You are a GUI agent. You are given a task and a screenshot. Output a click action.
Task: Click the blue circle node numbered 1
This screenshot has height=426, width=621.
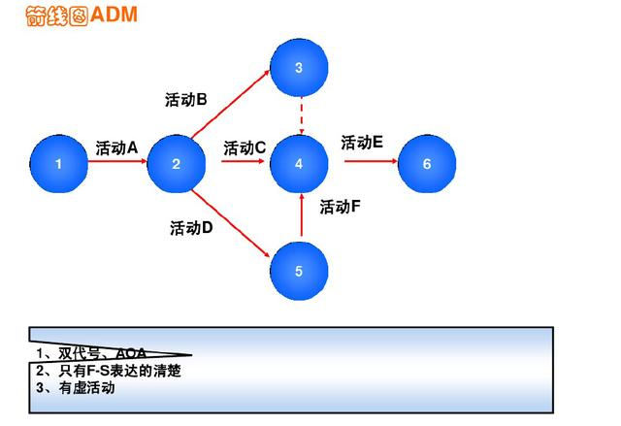[x=58, y=164]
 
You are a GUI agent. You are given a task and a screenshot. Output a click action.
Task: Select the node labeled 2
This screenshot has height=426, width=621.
[x=176, y=164]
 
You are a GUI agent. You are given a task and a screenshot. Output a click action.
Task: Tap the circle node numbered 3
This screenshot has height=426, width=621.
[x=299, y=68]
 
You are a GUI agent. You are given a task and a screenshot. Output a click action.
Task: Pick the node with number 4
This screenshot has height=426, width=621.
[x=299, y=164]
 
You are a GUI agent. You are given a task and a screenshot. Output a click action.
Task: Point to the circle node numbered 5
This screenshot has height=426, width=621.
[x=299, y=271]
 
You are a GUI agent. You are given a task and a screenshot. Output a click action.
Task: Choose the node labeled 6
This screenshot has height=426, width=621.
[x=427, y=164]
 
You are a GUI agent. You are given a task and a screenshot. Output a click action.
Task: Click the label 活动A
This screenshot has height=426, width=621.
[x=116, y=147]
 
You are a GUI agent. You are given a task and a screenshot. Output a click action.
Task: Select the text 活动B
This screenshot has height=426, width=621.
[x=186, y=99]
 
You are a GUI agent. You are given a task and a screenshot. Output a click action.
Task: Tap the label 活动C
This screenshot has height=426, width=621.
[x=245, y=147]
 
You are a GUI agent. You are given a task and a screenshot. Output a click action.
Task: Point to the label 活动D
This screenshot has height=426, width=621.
[x=191, y=228]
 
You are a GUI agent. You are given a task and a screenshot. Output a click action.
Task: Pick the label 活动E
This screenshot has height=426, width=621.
[x=362, y=142]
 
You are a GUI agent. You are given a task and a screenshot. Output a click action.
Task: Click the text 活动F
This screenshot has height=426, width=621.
[x=341, y=206]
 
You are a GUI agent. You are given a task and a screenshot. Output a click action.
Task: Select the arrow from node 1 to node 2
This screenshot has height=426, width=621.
[x=116, y=164]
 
